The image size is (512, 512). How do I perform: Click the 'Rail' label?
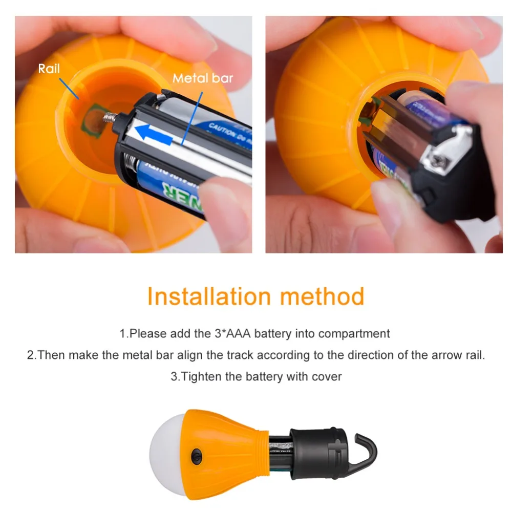(x=49, y=69)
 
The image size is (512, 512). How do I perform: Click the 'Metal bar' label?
(x=202, y=78)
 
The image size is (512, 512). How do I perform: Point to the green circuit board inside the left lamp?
(x=92, y=117)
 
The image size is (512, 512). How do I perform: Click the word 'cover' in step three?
(x=326, y=376)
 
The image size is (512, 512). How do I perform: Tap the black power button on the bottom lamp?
(x=196, y=454)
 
